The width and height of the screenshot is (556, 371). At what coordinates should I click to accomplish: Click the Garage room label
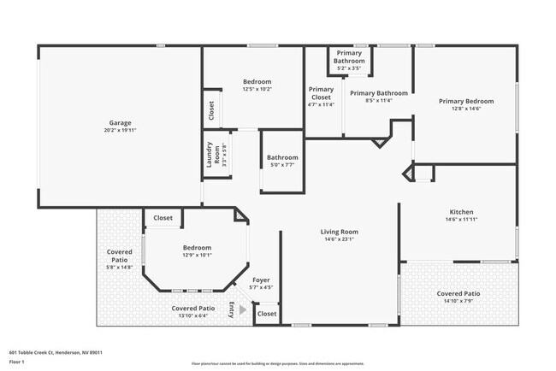tap(120, 122)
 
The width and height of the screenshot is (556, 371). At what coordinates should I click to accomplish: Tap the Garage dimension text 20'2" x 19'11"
tap(120, 130)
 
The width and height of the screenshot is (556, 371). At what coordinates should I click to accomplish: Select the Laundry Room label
tap(208, 155)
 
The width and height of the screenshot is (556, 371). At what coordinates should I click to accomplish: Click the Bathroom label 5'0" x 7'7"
tap(281, 157)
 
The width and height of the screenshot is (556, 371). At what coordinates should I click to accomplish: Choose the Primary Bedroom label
tap(464, 101)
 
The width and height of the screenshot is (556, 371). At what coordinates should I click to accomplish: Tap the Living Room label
tap(339, 232)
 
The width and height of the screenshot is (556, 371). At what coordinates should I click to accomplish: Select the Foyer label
tap(261, 280)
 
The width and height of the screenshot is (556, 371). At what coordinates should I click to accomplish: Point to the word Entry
tap(232, 312)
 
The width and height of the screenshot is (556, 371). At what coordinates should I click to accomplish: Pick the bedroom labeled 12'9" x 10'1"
tap(196, 248)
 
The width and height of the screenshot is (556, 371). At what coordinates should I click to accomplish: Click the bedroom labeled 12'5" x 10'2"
tap(257, 81)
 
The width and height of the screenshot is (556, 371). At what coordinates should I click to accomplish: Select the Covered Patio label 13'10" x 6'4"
tap(192, 309)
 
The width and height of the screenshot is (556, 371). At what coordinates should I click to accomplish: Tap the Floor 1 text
tap(18, 362)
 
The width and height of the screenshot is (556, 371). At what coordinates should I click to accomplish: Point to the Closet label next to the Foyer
tap(267, 314)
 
